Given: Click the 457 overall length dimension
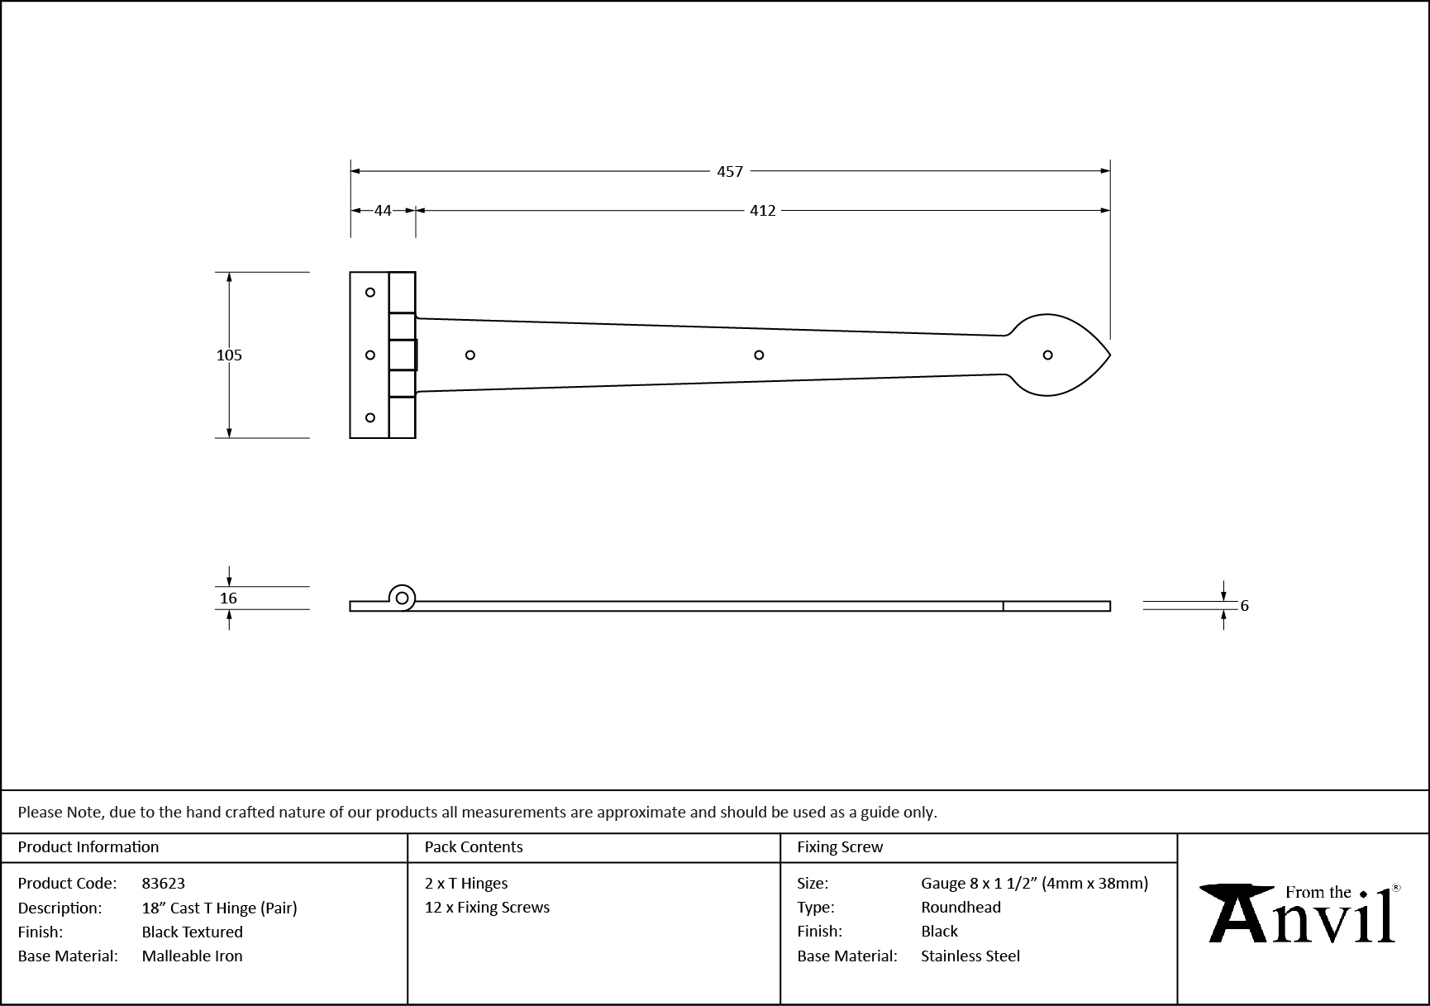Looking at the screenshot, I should pyautogui.click(x=730, y=171).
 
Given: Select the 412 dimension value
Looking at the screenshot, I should pyautogui.click(x=762, y=211).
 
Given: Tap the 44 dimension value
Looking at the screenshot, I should pyautogui.click(x=383, y=211).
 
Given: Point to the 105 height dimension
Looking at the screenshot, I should pyautogui.click(x=229, y=355).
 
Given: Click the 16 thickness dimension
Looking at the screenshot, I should pyautogui.click(x=229, y=598).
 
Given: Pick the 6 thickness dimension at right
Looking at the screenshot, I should pyautogui.click(x=1244, y=606).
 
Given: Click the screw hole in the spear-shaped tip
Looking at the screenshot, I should pyautogui.click(x=1047, y=355).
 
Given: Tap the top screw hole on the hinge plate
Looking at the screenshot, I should pyautogui.click(x=370, y=293).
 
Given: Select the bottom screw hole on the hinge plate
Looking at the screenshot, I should pyautogui.click(x=370, y=417).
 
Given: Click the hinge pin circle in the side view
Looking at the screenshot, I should pyautogui.click(x=403, y=598).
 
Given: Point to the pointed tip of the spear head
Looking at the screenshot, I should pyautogui.click(x=1108, y=355).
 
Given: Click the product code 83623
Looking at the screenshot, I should pyautogui.click(x=163, y=883).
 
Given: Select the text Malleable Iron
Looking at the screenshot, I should pyautogui.click(x=192, y=956).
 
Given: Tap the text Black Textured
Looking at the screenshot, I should pyautogui.click(x=192, y=932).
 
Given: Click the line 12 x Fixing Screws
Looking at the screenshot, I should pyautogui.click(x=487, y=907).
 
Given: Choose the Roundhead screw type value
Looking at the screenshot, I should pyautogui.click(x=960, y=907).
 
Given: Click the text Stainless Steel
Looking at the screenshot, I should pyautogui.click(x=970, y=956).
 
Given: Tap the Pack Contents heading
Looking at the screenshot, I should pyautogui.click(x=473, y=846).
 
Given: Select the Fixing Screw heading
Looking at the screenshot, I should pyautogui.click(x=839, y=846).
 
